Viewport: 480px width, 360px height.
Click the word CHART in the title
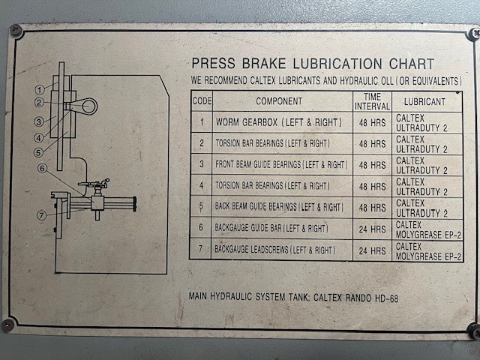point(412,64)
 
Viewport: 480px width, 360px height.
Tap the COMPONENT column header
point(279,101)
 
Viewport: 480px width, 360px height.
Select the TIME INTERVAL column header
point(372,102)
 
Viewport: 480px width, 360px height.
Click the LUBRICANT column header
point(424,102)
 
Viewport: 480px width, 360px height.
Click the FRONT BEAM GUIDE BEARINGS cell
point(281,165)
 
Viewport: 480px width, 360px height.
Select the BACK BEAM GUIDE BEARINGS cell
point(279,207)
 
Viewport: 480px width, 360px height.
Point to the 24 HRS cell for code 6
point(372,229)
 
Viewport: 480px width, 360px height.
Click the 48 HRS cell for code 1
point(372,123)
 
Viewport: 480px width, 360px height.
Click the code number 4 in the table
point(202,185)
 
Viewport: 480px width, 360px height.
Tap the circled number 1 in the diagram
point(40,90)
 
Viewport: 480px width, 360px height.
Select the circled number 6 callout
point(42,168)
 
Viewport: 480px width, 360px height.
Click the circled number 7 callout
point(42,215)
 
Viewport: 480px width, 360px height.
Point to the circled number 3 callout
point(38,121)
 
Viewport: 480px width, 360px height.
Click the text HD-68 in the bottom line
point(387,298)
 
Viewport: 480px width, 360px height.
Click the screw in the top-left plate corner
point(15,30)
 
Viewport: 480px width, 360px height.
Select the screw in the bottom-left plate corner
point(8,325)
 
